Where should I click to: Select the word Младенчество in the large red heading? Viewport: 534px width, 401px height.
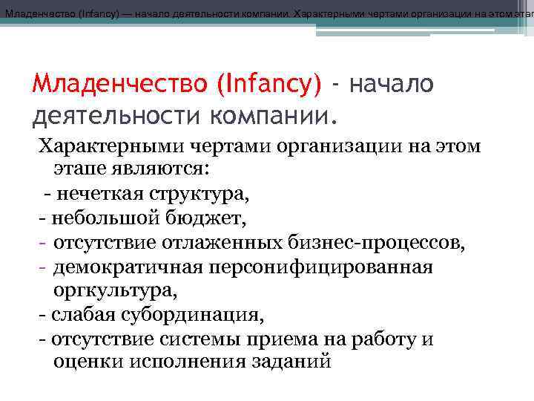121,84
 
